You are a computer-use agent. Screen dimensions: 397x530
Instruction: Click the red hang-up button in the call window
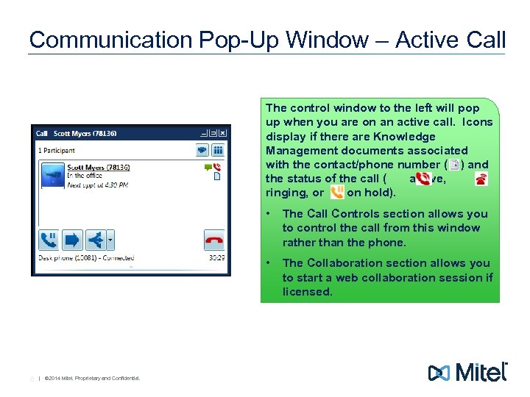coord(214,240)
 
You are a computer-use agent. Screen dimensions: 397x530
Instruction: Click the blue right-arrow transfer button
coord(72,240)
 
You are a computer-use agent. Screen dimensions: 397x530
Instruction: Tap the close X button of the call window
coord(223,134)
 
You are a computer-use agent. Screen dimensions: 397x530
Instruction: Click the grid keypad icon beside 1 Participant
coord(218,151)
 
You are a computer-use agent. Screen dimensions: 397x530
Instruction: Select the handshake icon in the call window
coord(201,151)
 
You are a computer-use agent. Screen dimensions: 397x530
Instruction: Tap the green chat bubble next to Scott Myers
coord(208,168)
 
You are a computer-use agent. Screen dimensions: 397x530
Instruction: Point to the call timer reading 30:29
coord(216,258)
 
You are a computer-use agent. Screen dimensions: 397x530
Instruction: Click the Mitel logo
coord(468,372)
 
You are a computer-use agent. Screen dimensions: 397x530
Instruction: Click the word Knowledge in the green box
coord(403,137)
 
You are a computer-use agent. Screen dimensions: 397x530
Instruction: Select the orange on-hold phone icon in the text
coord(337,193)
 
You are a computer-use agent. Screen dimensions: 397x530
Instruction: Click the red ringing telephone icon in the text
coord(481,179)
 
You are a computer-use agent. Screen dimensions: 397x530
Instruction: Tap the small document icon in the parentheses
coord(453,165)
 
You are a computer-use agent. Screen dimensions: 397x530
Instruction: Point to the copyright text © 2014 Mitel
coord(91,379)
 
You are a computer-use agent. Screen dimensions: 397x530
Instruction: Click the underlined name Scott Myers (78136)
coord(98,168)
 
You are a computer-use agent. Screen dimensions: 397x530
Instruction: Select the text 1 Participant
coord(57,150)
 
